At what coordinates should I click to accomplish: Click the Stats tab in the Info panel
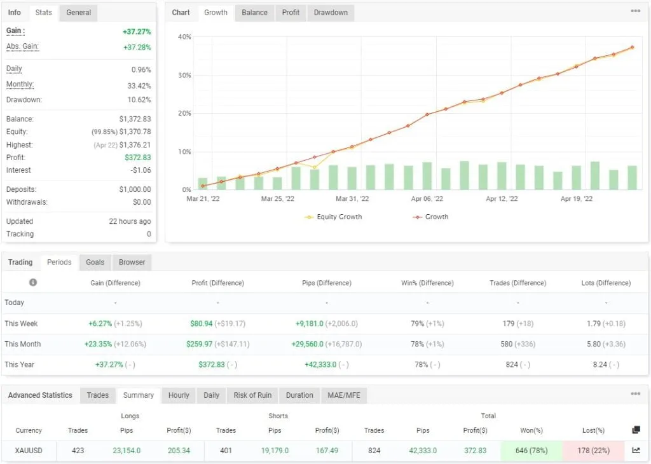[x=44, y=12]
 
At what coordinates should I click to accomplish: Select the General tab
[x=78, y=12]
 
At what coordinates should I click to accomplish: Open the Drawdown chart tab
[x=331, y=12]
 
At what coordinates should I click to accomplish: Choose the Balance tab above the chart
[x=254, y=12]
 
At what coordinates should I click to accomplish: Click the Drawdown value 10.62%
[x=139, y=100]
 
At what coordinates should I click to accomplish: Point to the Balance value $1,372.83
[x=135, y=119]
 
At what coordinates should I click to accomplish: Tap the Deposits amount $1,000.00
[x=135, y=189]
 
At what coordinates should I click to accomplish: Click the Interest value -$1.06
[x=139, y=170]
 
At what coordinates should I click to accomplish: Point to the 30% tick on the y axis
[x=184, y=75]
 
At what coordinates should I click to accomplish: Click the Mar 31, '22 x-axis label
[x=352, y=199]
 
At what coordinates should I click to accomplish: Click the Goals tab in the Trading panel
[x=95, y=262]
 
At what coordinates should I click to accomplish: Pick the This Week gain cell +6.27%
[x=101, y=324]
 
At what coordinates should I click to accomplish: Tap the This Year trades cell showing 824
[x=509, y=364]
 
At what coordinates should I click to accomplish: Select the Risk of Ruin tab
[x=252, y=395]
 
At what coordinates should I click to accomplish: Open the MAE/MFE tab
[x=343, y=395]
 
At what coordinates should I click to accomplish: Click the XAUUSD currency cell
[x=29, y=450]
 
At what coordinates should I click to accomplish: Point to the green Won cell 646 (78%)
[x=531, y=450]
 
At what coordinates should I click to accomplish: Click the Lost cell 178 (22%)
[x=593, y=450]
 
